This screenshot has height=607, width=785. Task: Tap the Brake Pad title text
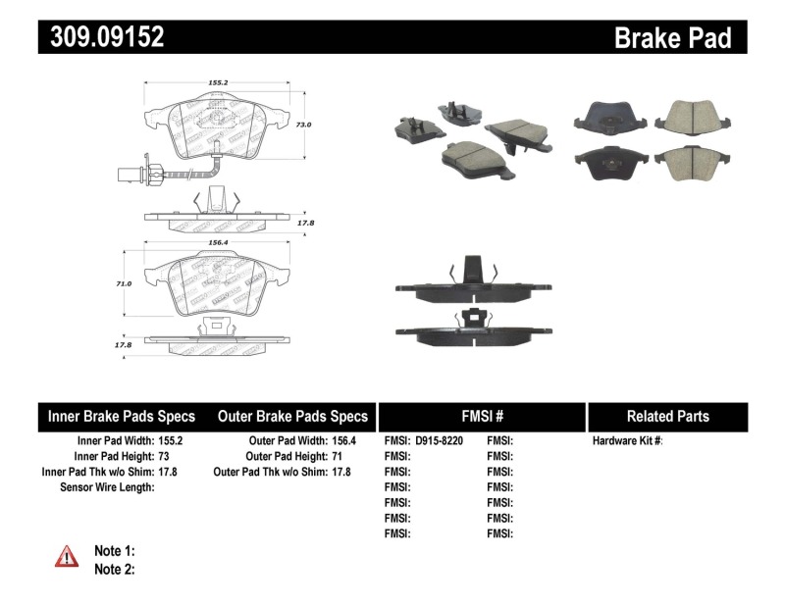(672, 37)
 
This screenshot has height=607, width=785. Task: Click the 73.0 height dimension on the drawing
(304, 126)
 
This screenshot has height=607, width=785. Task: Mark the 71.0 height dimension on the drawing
(123, 283)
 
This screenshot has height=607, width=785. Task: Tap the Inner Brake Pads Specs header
(122, 416)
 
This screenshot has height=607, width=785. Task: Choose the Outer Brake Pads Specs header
(292, 416)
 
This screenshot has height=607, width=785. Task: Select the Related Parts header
(668, 416)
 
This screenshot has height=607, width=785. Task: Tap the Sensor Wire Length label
(108, 487)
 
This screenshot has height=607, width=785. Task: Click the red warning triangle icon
(66, 558)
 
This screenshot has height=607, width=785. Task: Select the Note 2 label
(114, 569)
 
